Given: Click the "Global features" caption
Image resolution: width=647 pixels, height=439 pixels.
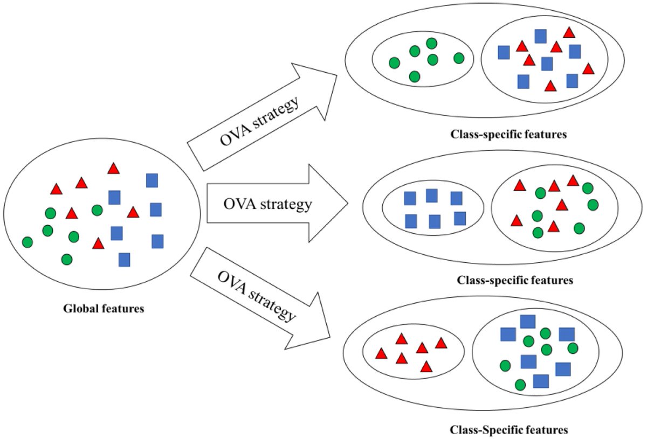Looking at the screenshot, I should pos(104,309).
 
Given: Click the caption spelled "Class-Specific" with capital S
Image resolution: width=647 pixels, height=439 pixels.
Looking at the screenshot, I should pos(509,430).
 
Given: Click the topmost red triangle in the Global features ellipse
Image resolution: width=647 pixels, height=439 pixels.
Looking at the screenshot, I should pos(113,168).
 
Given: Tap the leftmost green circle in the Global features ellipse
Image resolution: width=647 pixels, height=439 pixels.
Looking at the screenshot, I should pos(27,242).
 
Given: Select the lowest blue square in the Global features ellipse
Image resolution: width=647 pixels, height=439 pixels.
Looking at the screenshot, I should pos(124,260).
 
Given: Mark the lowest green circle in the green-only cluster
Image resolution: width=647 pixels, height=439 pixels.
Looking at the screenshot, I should pos(414,76).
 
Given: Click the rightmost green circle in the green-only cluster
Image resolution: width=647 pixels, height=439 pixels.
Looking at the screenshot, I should pos(459,58).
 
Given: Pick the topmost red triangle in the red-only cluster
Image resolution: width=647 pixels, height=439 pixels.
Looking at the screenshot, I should pos(401,338).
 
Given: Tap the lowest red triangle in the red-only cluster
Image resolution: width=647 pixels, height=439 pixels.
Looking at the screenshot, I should pos(426,367).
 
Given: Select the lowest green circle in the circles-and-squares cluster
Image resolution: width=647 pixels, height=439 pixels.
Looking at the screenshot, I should pos(520,385).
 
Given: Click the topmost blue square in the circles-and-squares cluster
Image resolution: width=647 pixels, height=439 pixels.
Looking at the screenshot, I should pos(527,322).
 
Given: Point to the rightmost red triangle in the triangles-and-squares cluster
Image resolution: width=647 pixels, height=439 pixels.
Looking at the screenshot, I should pos(588,69).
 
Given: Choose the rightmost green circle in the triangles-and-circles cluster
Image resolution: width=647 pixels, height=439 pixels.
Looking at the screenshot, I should pos(593,205).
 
